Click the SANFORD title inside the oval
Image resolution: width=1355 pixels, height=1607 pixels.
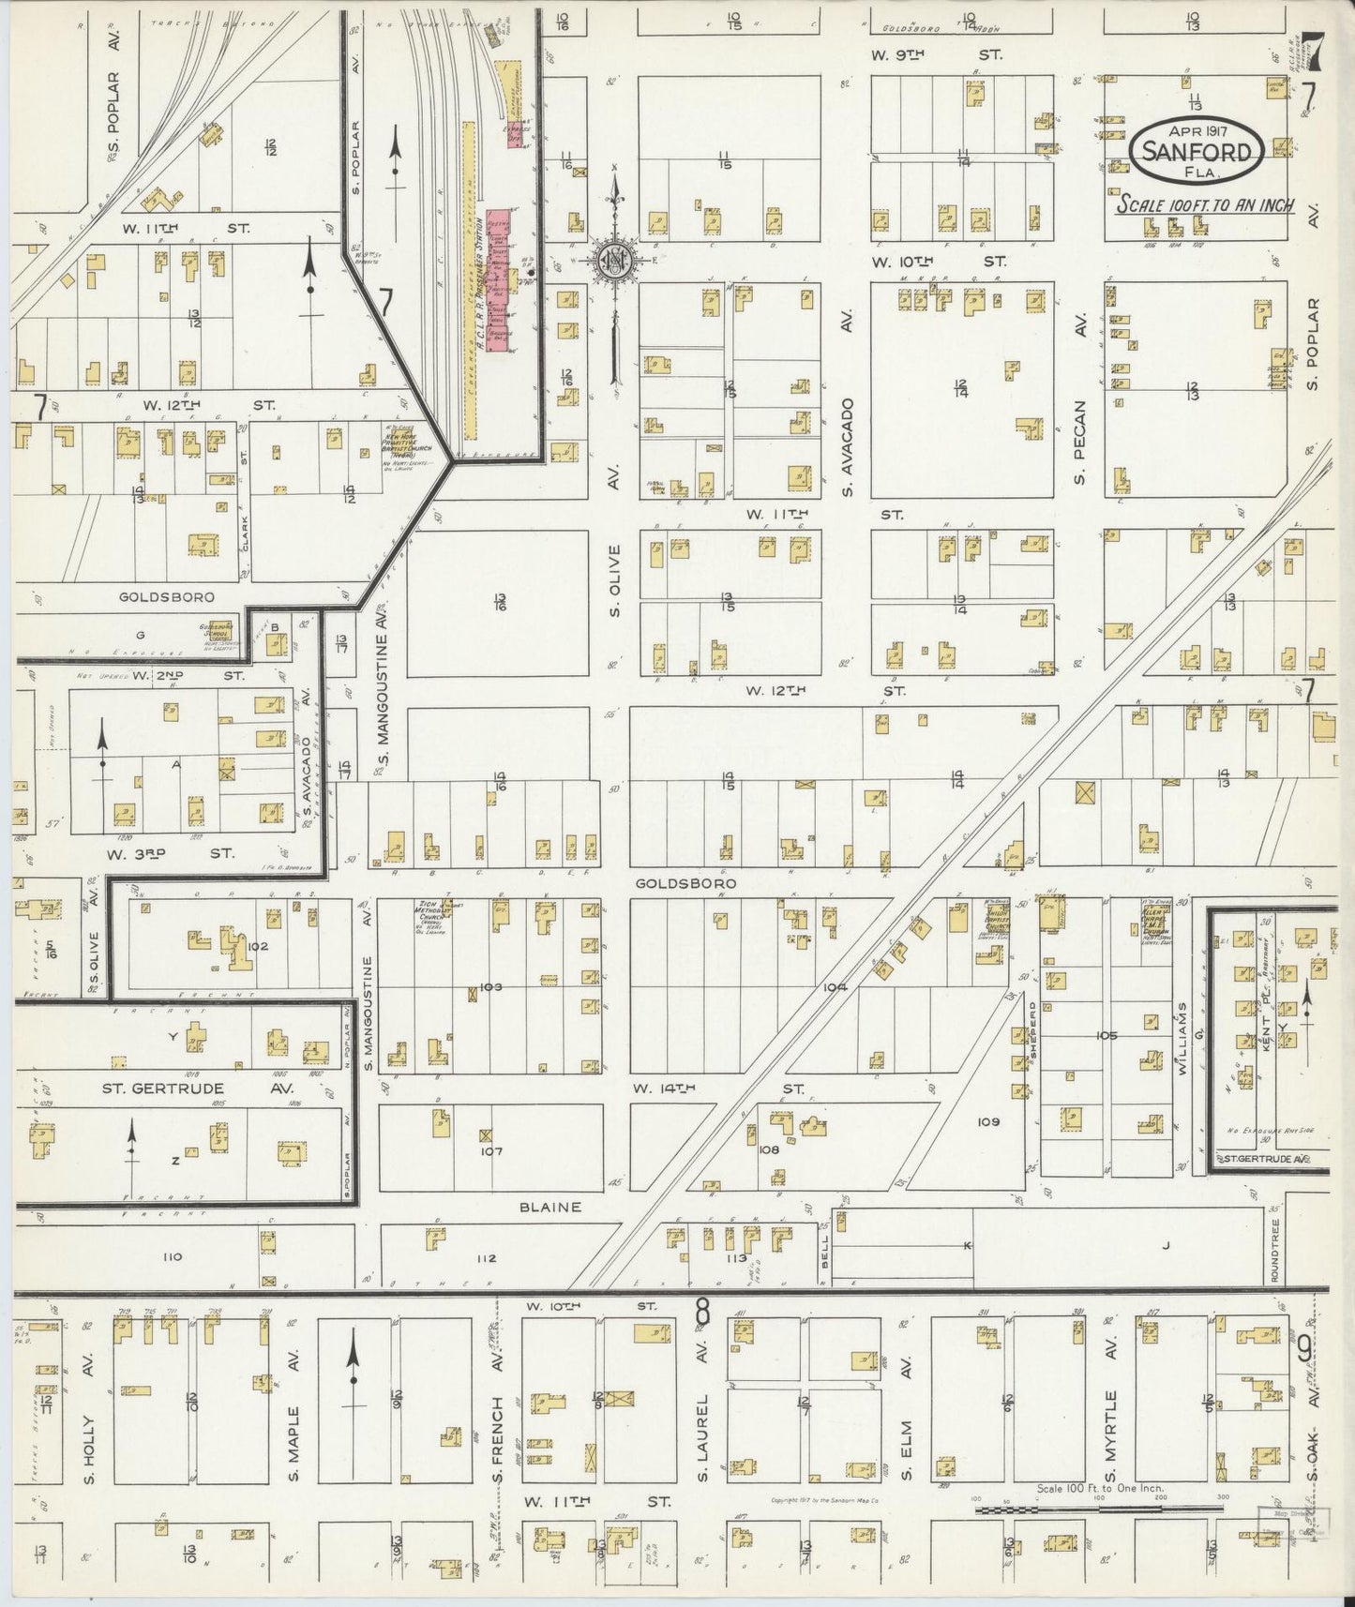point(1197,152)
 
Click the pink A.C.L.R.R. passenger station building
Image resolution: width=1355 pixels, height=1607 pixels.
point(494,278)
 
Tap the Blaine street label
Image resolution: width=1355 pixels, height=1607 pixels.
point(550,1208)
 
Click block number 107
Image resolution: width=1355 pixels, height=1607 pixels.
point(492,1151)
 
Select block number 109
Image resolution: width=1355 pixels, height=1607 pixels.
point(988,1121)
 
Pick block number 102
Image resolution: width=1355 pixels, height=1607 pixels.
point(259,946)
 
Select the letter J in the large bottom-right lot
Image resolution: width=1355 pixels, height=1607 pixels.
point(1167,1246)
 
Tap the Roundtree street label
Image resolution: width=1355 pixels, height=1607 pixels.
point(1276,1251)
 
